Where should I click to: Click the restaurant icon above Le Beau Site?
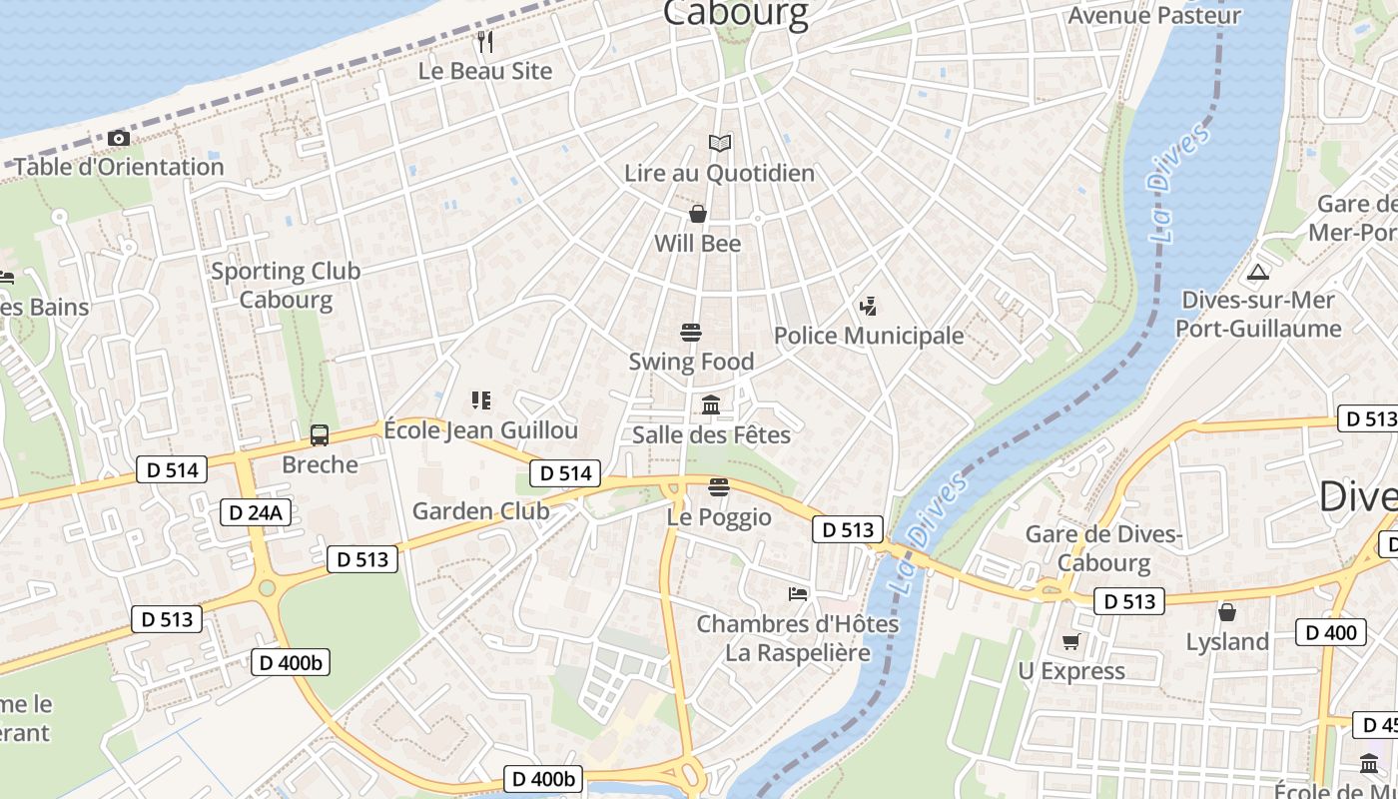(485, 41)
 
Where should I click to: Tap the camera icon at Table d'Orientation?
(119, 138)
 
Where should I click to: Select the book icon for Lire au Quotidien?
(720, 144)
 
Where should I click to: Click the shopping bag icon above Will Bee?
(698, 214)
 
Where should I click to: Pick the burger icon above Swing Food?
(690, 332)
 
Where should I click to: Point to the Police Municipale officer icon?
(868, 307)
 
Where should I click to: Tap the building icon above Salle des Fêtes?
(711, 404)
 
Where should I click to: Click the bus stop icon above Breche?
(320, 434)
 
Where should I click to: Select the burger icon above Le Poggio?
(718, 487)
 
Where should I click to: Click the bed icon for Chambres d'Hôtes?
(798, 594)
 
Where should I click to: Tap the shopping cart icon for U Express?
(1071, 641)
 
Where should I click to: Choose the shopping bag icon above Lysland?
(1227, 611)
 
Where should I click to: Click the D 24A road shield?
(256, 512)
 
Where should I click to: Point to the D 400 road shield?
(1331, 632)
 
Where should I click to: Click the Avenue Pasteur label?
(1154, 15)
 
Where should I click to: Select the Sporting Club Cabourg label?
(286, 285)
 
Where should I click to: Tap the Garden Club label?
(480, 511)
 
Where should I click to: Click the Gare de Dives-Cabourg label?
(1103, 548)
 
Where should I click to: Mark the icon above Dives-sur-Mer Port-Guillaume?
(1258, 272)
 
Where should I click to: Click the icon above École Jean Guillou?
(481, 400)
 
